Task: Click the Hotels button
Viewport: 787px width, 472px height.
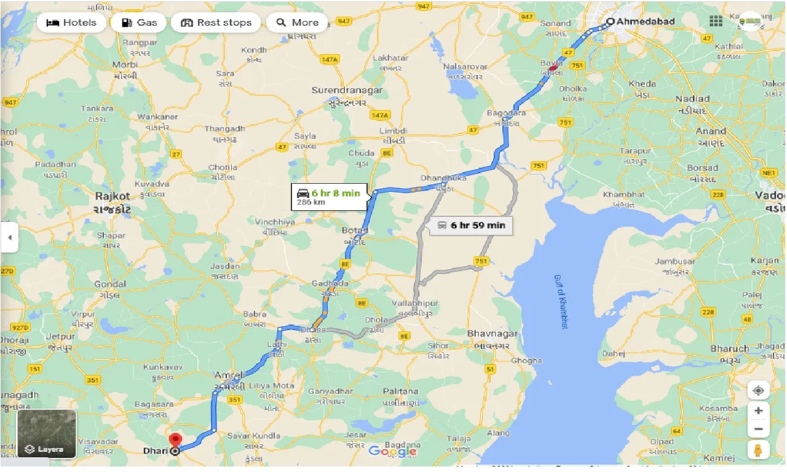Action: [x=71, y=23]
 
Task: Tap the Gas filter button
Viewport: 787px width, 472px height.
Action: [x=140, y=23]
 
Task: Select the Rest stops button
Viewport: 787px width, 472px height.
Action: [x=216, y=23]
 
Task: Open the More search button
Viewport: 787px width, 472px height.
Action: [x=297, y=23]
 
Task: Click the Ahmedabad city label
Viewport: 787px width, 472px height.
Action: [x=646, y=22]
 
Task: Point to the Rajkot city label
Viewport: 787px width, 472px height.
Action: [x=113, y=196]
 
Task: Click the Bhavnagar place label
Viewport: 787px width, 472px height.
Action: [x=492, y=334]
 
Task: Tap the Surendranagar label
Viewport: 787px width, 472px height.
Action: [x=347, y=90]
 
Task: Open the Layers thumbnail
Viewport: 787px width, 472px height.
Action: [x=47, y=434]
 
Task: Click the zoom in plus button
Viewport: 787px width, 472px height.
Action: [x=758, y=411]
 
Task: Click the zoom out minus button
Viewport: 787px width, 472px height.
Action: [x=758, y=430]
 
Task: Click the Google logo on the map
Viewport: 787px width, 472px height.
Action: [x=392, y=452]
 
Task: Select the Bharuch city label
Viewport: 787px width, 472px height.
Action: [x=730, y=348]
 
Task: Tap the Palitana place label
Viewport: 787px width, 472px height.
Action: [x=400, y=391]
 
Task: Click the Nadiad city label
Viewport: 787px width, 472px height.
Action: [x=692, y=99]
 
